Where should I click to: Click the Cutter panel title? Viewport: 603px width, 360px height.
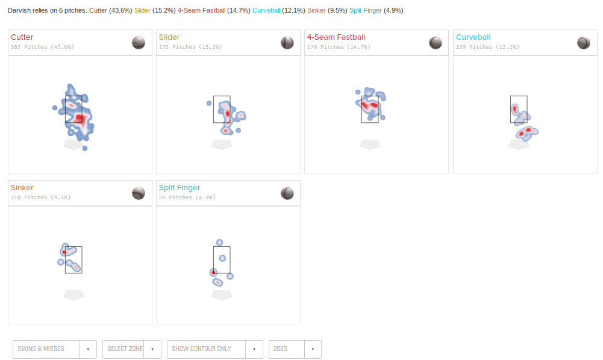tap(22, 37)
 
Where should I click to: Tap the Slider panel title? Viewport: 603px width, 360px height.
tap(169, 37)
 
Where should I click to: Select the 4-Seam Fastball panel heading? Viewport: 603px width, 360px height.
tap(336, 37)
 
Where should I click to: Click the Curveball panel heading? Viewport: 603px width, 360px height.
tap(473, 37)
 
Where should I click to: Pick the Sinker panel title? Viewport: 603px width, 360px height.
tap(22, 188)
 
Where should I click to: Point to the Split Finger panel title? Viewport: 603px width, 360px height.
tap(180, 188)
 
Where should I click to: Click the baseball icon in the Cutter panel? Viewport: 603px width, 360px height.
tap(139, 43)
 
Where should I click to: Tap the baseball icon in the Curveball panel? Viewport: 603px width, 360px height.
tap(583, 43)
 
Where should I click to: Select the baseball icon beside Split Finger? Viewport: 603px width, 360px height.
tap(287, 193)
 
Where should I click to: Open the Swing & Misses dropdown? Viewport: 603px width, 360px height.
tap(55, 349)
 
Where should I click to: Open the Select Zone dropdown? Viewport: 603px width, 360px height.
tap(131, 349)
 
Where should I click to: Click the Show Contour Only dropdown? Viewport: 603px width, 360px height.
tap(215, 349)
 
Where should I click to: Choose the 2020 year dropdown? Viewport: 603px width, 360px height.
tap(295, 349)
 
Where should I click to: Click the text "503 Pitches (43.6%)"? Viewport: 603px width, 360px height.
tap(42, 47)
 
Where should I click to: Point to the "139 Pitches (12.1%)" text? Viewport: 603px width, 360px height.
tap(487, 47)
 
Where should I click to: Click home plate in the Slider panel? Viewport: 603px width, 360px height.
tap(222, 144)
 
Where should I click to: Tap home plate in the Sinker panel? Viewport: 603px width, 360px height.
tap(73, 295)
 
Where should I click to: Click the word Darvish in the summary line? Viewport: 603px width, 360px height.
tap(19, 10)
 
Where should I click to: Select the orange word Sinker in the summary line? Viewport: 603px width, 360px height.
tap(316, 10)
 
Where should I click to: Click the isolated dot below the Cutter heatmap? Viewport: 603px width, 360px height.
tap(85, 148)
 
